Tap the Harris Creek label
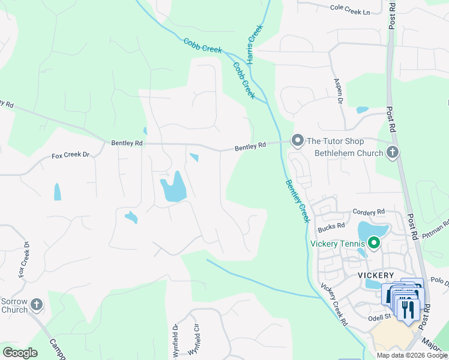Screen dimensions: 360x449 253,44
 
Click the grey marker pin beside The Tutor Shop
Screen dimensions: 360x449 297,140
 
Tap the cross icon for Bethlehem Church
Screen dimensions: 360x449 393,152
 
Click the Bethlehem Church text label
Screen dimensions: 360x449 349,153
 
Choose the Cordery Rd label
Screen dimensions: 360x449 369,212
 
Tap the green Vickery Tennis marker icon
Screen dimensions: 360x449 374,243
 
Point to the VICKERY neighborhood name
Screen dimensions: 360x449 375,275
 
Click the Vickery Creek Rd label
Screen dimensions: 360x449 334,304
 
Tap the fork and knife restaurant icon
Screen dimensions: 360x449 408,308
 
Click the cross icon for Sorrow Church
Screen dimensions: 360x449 37,305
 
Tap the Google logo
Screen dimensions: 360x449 20,353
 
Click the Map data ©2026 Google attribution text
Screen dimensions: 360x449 411,355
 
